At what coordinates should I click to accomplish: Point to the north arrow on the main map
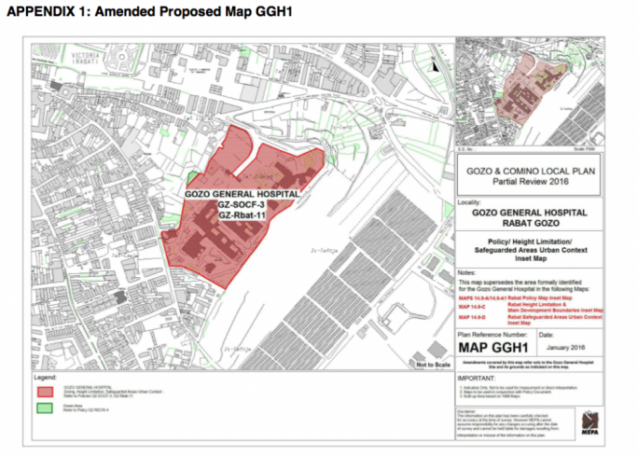point(437,63)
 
